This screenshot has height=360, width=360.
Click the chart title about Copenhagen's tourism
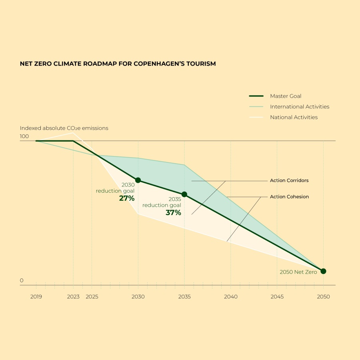pyautogui.click(x=118, y=64)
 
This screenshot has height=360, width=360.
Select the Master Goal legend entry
pyautogui.click(x=286, y=96)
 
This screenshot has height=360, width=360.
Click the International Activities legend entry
pyautogui.click(x=300, y=107)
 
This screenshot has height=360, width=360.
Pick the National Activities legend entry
pyautogui.click(x=294, y=118)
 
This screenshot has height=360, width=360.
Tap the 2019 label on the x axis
pyautogui.click(x=36, y=297)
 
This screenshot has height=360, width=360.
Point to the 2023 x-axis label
pyautogui.click(x=73, y=297)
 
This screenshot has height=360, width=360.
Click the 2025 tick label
pyautogui.click(x=92, y=297)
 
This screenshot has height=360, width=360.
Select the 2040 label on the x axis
pyautogui.click(x=231, y=297)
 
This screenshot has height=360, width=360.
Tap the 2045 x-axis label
pyautogui.click(x=277, y=297)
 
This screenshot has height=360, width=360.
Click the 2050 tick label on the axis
pyautogui.click(x=323, y=297)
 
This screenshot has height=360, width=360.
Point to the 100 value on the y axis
pyautogui.click(x=24, y=136)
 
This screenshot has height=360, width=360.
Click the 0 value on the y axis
pyautogui.click(x=22, y=280)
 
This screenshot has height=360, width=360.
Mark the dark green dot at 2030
pyautogui.click(x=138, y=180)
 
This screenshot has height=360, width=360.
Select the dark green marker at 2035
pyautogui.click(x=184, y=194)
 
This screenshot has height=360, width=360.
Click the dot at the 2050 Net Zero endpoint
pyautogui.click(x=323, y=271)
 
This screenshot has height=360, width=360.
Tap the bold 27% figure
pyautogui.click(x=127, y=198)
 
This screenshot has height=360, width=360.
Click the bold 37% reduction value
pyautogui.click(x=173, y=213)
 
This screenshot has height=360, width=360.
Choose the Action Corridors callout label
pyautogui.click(x=289, y=180)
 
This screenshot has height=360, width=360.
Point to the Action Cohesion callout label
pyautogui.click(x=289, y=197)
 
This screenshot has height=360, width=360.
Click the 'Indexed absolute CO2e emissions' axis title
pyautogui.click(x=64, y=128)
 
